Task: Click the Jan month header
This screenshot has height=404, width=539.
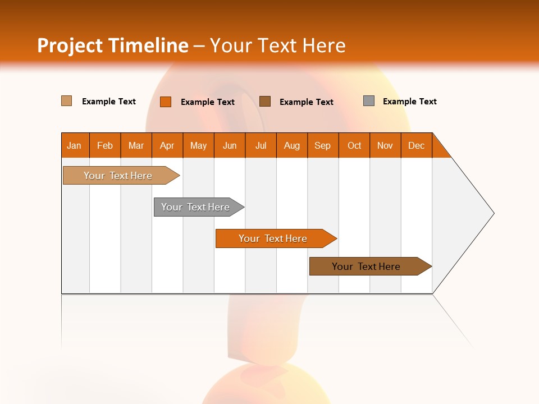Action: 75,145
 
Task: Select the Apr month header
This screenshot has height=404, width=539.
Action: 167,145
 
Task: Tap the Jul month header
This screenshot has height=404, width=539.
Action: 261,145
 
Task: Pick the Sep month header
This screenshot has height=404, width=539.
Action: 323,145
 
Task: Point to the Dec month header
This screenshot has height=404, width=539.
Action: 416,145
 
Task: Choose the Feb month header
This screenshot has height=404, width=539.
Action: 105,145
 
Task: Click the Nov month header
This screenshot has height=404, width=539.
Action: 385,145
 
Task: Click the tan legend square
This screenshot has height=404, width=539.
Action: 67,101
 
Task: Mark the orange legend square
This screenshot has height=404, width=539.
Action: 166,102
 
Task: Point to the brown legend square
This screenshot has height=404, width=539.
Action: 265,101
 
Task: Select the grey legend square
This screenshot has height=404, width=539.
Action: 369,101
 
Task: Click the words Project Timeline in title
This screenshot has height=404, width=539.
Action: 112,45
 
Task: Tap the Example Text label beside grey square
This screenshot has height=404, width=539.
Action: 410,102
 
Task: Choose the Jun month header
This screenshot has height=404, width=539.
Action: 230,145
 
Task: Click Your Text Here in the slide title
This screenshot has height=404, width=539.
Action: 278,45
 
